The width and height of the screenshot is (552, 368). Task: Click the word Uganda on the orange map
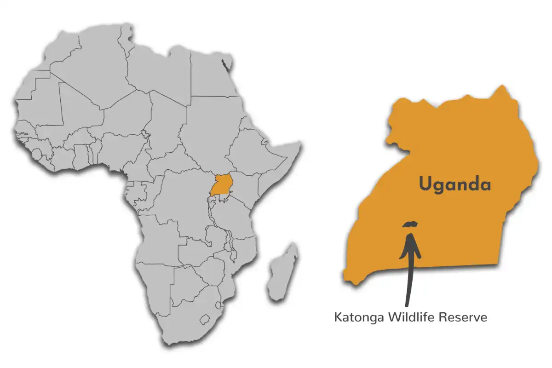click(454, 185)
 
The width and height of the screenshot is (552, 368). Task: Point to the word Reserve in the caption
click(463, 317)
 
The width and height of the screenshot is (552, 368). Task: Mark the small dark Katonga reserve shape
click(410, 224)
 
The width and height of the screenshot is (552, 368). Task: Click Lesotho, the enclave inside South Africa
click(206, 319)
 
